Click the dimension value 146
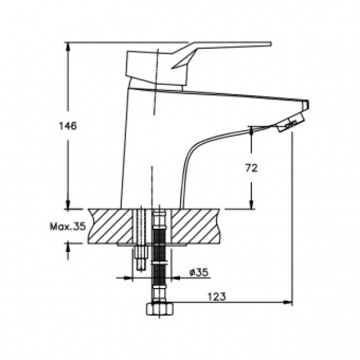pos(68,126)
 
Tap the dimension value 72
pos(251,168)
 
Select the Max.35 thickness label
pos(68,227)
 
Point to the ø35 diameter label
pos(199,272)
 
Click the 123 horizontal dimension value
pos(217,296)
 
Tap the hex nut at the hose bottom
pos(160,309)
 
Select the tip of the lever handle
pos(270,44)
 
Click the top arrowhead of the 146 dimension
pos(68,47)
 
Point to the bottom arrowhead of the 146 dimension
pos(68,204)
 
